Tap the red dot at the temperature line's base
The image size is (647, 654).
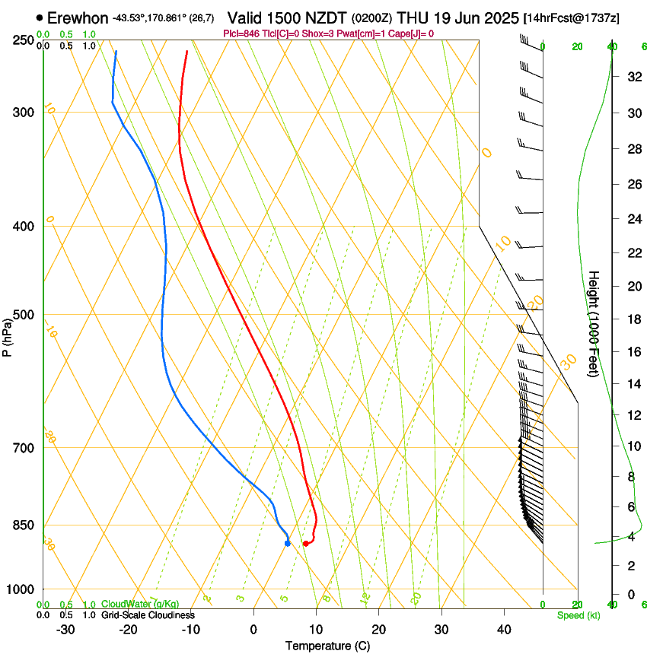click(x=305, y=543)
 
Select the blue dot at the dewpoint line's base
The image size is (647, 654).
click(x=287, y=543)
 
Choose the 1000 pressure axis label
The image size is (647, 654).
click(x=22, y=589)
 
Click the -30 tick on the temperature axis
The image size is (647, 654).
click(x=65, y=629)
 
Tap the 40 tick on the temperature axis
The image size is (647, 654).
click(x=503, y=629)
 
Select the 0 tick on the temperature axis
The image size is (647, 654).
click(x=253, y=629)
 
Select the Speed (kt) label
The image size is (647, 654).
click(x=578, y=614)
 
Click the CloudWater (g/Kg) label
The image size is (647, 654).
click(x=130, y=605)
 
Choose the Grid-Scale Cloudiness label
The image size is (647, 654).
click(x=148, y=614)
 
